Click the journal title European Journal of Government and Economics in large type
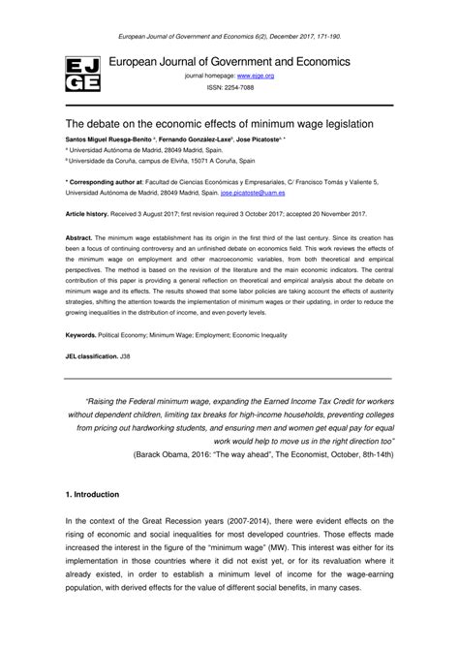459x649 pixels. pyautogui.click(x=229, y=61)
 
